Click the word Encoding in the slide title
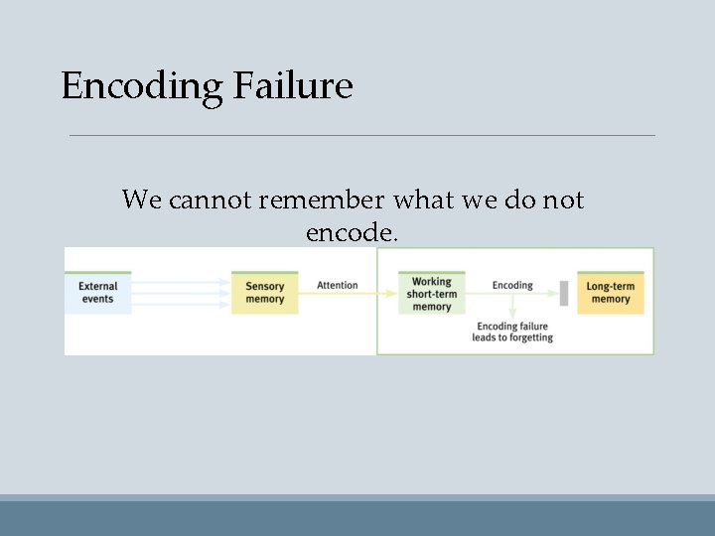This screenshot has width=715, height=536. tap(142, 86)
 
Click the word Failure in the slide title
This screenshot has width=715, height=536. tap(293, 86)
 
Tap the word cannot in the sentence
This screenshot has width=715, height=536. tap(210, 200)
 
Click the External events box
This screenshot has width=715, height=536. tap(97, 293)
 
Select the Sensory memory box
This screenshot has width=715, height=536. tap(264, 293)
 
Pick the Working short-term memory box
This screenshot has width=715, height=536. tap(431, 294)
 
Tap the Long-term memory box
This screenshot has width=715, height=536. tap(610, 293)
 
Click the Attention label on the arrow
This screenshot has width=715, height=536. tap(337, 285)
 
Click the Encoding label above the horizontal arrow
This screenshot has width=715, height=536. tap(512, 285)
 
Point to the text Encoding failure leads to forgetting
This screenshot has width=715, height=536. tap(512, 332)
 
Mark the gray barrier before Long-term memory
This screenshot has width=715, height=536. tap(563, 293)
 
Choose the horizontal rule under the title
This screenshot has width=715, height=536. tap(361, 135)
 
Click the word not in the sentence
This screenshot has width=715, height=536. tap(563, 200)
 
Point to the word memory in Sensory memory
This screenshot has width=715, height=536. tap(264, 299)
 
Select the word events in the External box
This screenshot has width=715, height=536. tap(97, 299)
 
